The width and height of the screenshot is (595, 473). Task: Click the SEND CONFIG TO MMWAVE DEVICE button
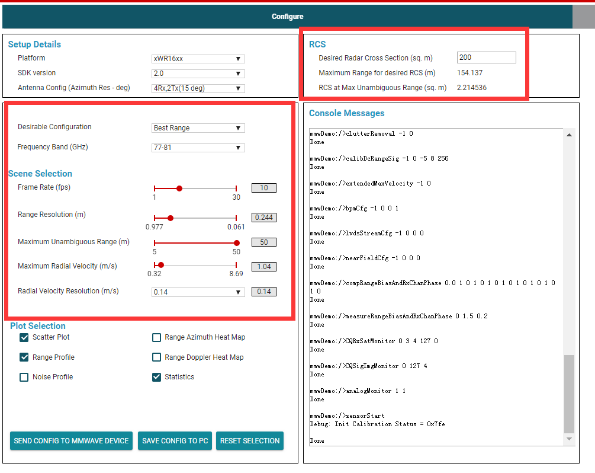pyautogui.click(x=71, y=441)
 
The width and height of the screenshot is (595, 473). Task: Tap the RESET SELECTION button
pyautogui.click(x=250, y=441)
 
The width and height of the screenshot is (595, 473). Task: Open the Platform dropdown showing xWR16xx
pyautogui.click(x=198, y=59)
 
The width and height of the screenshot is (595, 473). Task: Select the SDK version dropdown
pyautogui.click(x=198, y=73)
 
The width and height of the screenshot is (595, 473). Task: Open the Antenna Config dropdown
pyautogui.click(x=198, y=88)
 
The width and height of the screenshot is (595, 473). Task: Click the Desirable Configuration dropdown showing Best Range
pyautogui.click(x=198, y=128)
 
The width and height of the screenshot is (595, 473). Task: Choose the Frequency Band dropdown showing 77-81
pyautogui.click(x=198, y=148)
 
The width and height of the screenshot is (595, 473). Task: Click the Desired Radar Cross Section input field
pyautogui.click(x=486, y=57)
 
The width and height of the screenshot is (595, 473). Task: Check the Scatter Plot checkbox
pyautogui.click(x=24, y=338)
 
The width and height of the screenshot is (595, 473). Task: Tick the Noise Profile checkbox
pyautogui.click(x=24, y=377)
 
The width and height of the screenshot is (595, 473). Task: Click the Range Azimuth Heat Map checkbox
pyautogui.click(x=157, y=338)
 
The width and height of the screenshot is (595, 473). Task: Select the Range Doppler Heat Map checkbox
pyautogui.click(x=157, y=357)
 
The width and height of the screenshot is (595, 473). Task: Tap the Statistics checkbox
pyautogui.click(x=157, y=377)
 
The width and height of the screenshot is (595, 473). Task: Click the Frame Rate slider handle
pyautogui.click(x=179, y=188)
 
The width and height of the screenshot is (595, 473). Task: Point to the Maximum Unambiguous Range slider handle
pyautogui.click(x=237, y=242)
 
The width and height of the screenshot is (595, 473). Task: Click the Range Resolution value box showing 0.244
pyautogui.click(x=264, y=218)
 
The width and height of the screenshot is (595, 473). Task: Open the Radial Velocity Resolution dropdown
pyautogui.click(x=198, y=292)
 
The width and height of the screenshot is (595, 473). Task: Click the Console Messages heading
pyautogui.click(x=346, y=113)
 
